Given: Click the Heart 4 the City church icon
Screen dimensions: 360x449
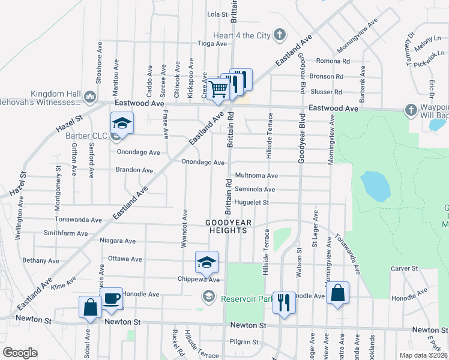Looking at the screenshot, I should [x=279, y=35].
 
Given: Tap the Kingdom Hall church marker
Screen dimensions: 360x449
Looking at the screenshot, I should [x=89, y=96].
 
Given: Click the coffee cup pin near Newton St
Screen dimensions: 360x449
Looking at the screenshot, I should [x=112, y=299].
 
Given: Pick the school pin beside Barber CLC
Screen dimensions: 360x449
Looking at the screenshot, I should [x=122, y=124].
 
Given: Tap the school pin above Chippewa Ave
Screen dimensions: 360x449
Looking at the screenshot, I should [x=206, y=262].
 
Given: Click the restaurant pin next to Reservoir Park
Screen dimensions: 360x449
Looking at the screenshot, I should [x=284, y=302].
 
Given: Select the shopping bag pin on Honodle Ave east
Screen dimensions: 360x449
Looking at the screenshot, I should [x=338, y=294].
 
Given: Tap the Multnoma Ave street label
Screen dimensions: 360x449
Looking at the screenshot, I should [x=256, y=176].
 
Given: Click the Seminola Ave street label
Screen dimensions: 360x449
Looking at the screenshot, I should [x=255, y=190].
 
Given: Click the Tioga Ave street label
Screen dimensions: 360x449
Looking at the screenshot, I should [x=213, y=44].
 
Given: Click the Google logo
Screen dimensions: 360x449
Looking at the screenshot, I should [x=20, y=352].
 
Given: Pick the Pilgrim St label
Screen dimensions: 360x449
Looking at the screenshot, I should [x=247, y=342].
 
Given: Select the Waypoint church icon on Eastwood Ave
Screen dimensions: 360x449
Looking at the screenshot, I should [x=411, y=110].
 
